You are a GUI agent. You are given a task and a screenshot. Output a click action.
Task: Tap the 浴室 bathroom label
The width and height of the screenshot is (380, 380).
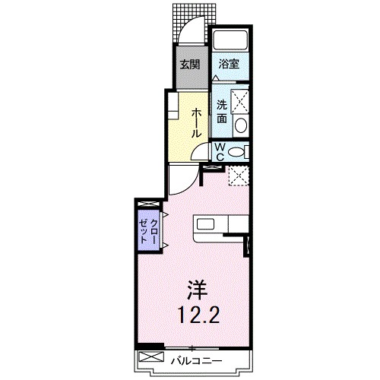pos(228,64)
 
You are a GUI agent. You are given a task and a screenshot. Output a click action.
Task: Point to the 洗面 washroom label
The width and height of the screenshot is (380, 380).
pos(221,111)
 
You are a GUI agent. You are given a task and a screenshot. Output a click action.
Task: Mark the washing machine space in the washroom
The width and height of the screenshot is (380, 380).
pos(240,99)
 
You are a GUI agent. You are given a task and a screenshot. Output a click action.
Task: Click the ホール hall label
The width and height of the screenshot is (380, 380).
pos(196,122)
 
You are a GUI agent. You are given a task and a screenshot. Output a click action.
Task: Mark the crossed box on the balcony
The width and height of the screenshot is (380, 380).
pos(151,357)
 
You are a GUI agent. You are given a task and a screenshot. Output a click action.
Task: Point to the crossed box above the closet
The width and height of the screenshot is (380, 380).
pos(149,205)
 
